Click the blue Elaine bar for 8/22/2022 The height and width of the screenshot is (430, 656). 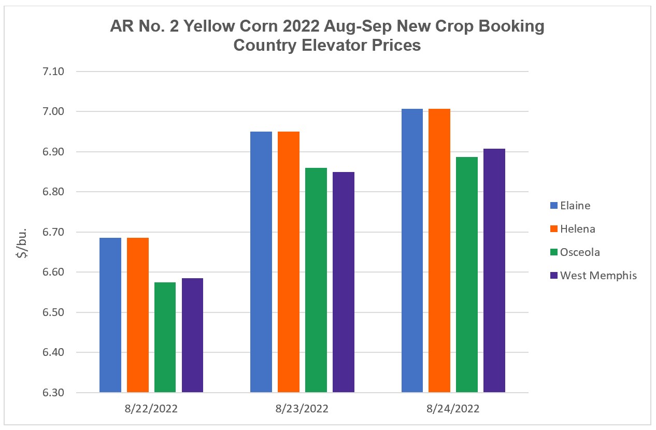tap(110, 315)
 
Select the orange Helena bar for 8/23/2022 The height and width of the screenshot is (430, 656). tap(289, 262)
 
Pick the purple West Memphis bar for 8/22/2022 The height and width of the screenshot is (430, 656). tap(192, 335)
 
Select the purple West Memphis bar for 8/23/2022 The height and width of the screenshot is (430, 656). tap(344, 282)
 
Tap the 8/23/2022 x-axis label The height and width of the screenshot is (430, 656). tap(302, 409)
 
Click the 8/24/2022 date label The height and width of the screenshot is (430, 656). tap(453, 409)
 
